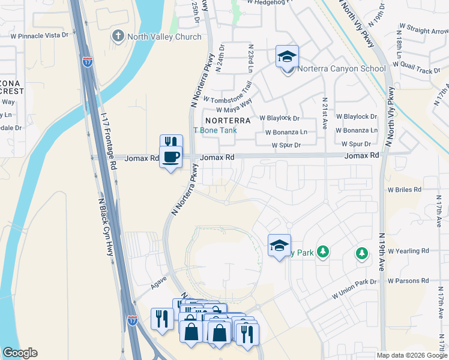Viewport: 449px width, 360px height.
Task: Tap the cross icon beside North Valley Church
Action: pos(118,37)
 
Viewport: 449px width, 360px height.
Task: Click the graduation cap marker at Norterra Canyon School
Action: pos(288,57)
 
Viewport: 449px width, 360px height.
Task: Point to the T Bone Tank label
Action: pos(214,130)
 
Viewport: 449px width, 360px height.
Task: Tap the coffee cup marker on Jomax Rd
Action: pos(171,157)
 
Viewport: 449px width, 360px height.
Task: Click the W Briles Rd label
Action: pos(405,190)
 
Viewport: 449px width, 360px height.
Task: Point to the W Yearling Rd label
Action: pos(408,251)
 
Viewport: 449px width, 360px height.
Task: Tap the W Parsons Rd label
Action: pos(408,280)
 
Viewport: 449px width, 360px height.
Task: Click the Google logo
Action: pos(20,353)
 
